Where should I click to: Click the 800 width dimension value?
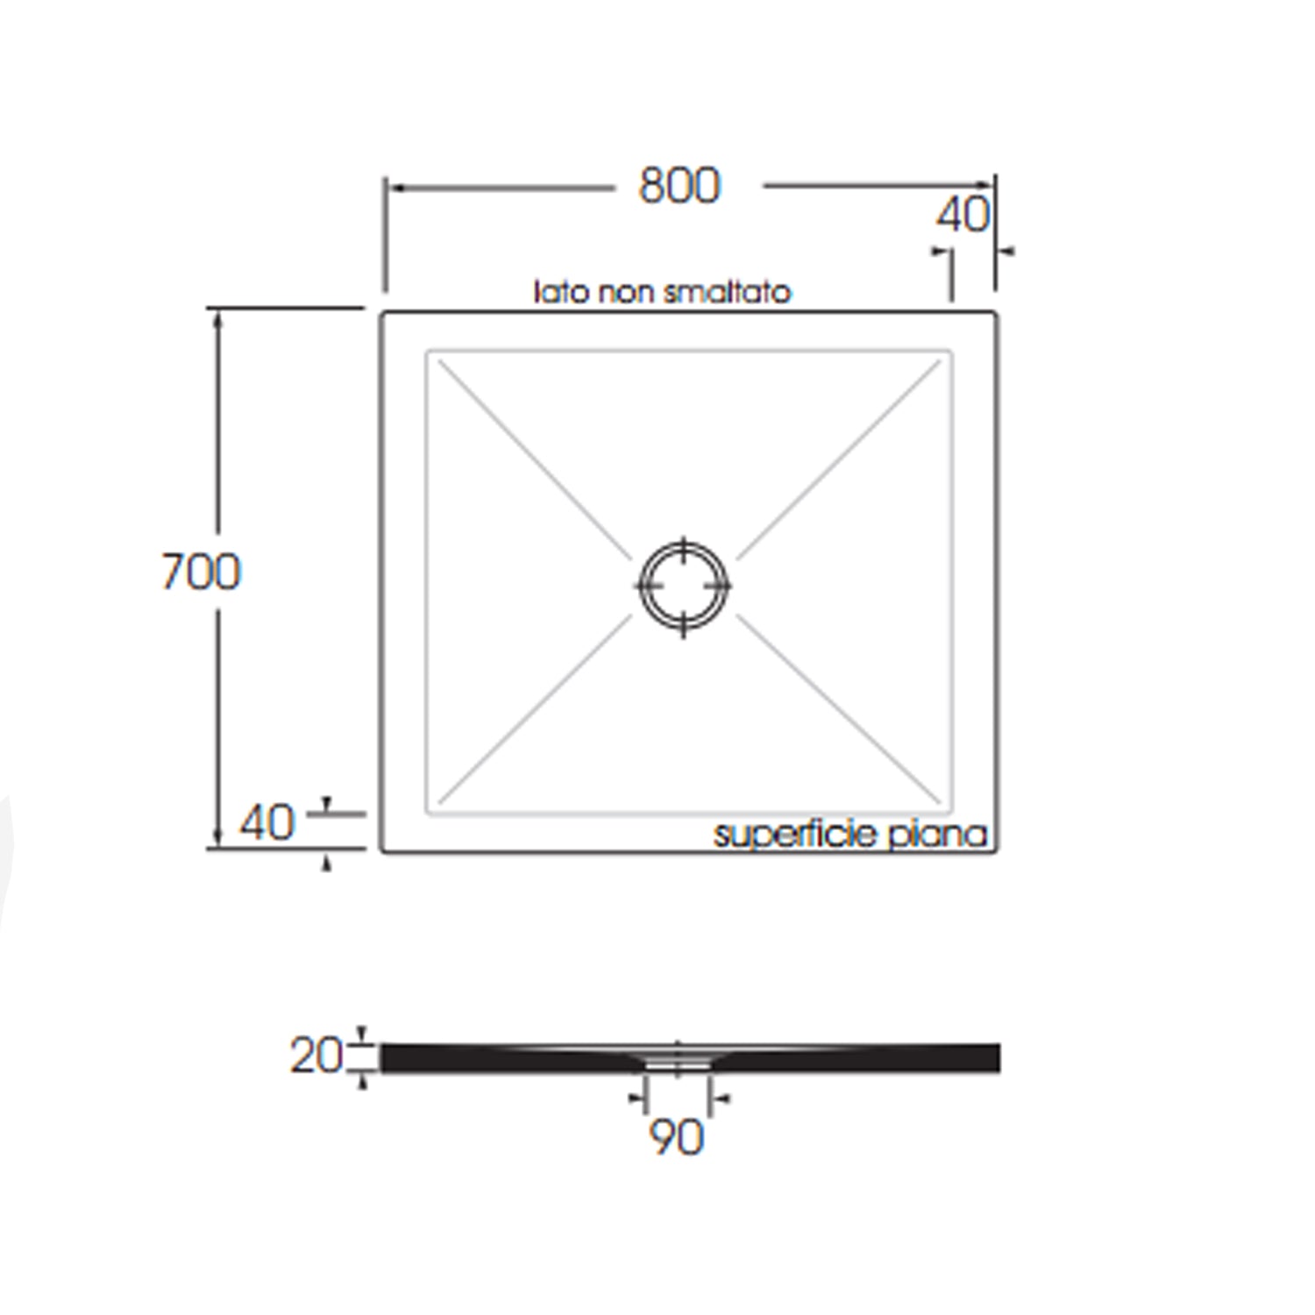(679, 186)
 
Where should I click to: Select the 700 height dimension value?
(201, 572)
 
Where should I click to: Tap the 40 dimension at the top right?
(962, 215)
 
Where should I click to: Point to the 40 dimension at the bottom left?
(267, 823)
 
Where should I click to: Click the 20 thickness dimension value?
(316, 1056)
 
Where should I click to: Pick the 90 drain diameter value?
(676, 1137)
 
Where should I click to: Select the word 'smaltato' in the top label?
(727, 292)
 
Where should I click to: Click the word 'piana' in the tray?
(938, 835)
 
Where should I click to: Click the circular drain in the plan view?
(683, 585)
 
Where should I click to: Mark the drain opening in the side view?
(677, 1062)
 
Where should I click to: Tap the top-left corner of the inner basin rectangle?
(428, 352)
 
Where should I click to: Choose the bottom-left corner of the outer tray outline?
(382, 849)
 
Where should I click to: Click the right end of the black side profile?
(998, 1057)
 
